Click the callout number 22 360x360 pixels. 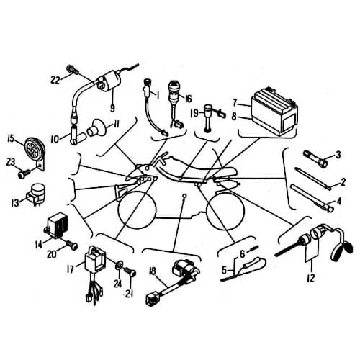point(55,80)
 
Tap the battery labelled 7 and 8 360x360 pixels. point(274,111)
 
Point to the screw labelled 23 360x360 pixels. point(24,173)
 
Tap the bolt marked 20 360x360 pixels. point(71,245)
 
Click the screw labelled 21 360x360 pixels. point(130,272)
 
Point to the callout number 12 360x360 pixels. point(310,278)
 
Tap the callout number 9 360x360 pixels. point(112,108)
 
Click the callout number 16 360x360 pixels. point(189,99)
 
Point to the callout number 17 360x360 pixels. point(71,269)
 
